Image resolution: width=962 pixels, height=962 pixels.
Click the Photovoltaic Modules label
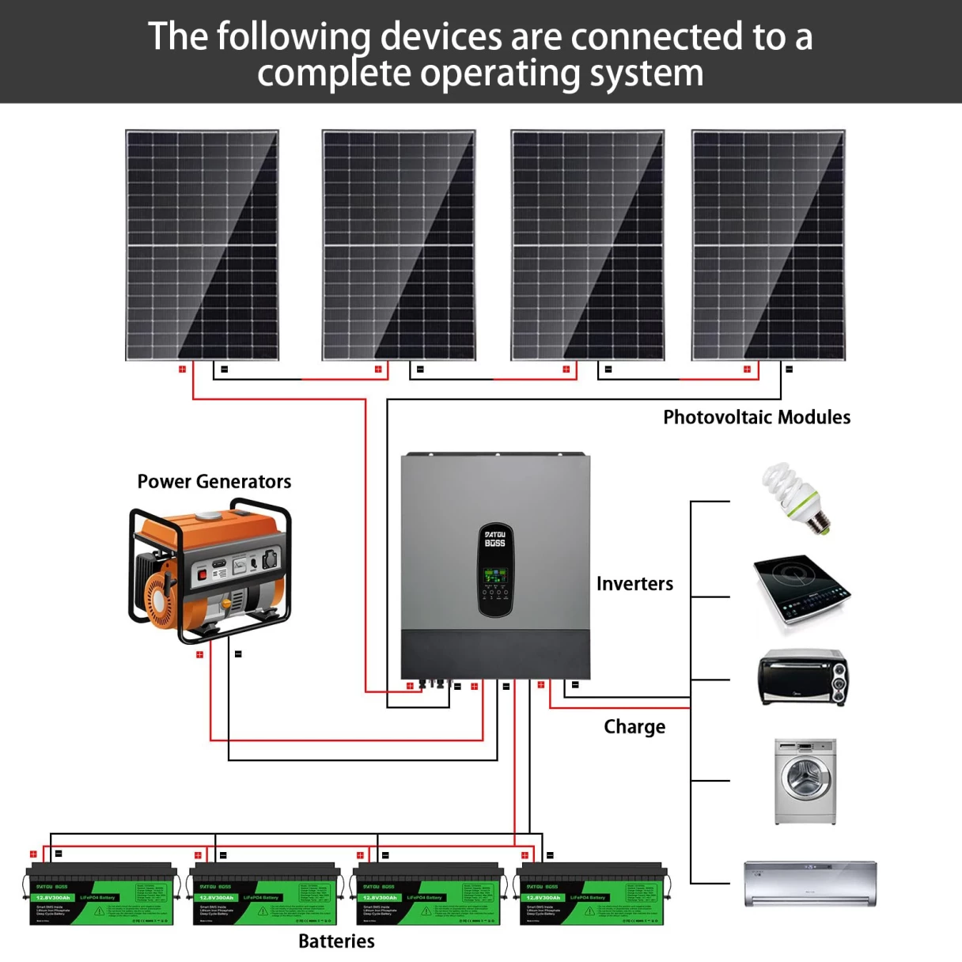756,417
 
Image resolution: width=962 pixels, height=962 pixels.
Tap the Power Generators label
214,481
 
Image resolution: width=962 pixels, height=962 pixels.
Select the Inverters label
634,584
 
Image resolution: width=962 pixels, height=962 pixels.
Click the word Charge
634,726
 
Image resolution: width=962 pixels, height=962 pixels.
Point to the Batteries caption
336,941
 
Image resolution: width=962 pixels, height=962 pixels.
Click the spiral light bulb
794,498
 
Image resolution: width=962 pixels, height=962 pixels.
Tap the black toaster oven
802,678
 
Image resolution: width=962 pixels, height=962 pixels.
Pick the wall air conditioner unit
810,883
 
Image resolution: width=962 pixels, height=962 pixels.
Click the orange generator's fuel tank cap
210,516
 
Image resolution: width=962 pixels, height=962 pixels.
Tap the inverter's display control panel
495,570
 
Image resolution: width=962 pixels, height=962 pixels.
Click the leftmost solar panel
203,245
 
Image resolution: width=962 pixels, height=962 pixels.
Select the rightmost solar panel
768,245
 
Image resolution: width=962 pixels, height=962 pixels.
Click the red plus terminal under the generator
199,655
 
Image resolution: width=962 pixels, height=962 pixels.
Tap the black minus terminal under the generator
238,654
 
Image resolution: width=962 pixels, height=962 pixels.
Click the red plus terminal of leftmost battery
33,854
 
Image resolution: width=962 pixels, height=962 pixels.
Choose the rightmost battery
591,896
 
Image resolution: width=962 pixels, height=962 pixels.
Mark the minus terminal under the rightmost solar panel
789,369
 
